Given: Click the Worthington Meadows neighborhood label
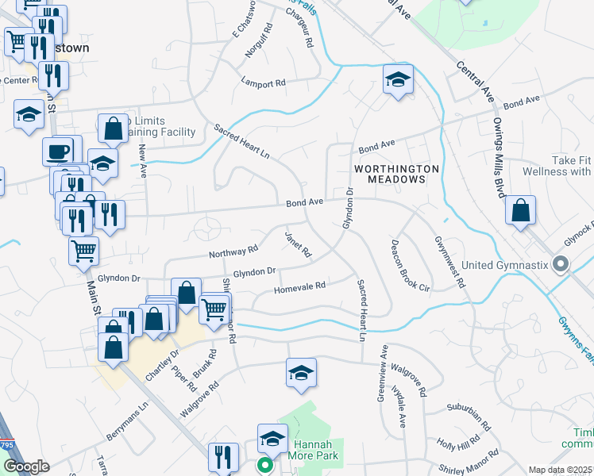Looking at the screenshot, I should coord(396,174).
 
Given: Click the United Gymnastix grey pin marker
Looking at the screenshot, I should coord(561,264).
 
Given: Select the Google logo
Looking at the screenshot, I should coord(26,466).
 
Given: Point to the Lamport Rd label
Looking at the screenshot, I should coord(264,83).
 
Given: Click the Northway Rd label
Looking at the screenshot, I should coord(233,251).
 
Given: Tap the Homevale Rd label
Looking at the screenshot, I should coord(300,286).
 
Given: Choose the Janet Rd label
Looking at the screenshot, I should coord(298,245).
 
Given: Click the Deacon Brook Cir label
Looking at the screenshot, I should coord(410,265).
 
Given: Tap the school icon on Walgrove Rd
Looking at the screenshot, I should coord(301,372).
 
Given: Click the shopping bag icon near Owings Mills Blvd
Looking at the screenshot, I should coord(520,211).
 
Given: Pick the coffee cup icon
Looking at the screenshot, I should coord(56,150).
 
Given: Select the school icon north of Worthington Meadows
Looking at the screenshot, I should coord(397,79).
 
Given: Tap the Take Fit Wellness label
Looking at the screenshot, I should coord(561,166).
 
